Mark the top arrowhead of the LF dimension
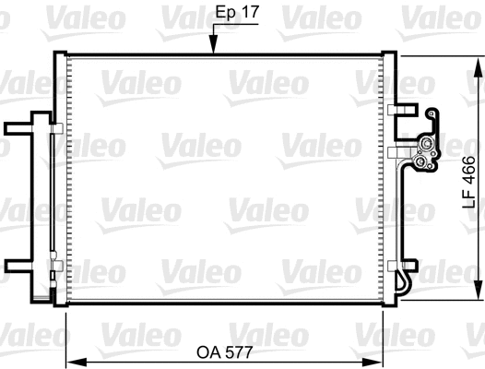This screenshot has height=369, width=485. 478,63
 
